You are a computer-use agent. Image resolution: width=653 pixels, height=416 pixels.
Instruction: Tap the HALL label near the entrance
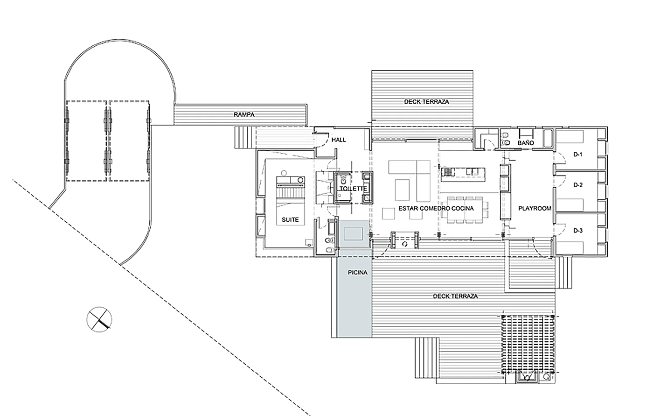pos(338,140)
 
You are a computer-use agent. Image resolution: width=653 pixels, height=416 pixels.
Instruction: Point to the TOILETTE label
pos(353,189)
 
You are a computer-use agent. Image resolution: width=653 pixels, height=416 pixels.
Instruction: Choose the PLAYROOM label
pos(535,209)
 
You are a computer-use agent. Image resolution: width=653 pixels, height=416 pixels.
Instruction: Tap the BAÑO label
pos(526,143)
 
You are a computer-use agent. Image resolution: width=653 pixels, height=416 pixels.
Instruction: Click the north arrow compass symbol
pos(99,320)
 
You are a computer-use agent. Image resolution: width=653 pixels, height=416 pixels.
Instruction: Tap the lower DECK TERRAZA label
pos(455,296)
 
